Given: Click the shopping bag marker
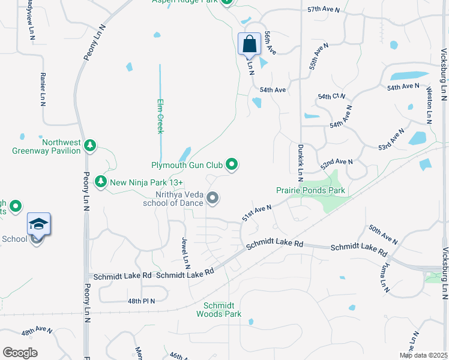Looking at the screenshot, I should click(250, 44).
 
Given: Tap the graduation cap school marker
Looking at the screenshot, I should click(38, 226).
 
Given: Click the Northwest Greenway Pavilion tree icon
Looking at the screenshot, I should click(90, 145).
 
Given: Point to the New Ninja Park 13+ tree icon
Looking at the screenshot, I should click(101, 181).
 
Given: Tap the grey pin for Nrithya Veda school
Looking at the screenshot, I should click(212, 197).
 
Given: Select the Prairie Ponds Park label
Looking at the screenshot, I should click(311, 190).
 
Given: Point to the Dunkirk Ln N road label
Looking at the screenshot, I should click(300, 163).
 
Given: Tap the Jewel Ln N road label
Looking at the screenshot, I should click(185, 253).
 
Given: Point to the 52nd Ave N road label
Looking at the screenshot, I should click(337, 163).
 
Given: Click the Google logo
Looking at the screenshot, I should click(20, 353).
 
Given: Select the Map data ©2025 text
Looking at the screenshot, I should click(423, 355).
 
